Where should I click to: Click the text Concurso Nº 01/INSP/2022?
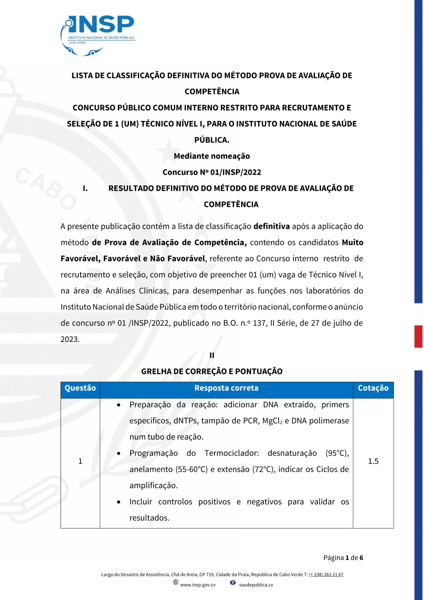coord(212,172)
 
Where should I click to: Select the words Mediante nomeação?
coord(212,156)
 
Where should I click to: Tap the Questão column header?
coord(80,388)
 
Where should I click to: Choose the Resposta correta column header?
coord(226,388)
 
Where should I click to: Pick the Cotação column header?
coord(373,388)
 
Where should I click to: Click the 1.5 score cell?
coord(373,461)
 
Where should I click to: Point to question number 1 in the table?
coord(80,461)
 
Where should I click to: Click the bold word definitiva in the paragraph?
coord(271,227)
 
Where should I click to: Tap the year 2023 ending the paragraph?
coord(70,339)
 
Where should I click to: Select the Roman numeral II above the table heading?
coord(212,356)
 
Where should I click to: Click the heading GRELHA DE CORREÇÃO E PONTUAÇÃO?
coord(212,372)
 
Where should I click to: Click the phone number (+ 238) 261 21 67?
coord(326,575)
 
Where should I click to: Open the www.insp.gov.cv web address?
coord(198,585)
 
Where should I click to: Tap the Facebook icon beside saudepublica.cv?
coord(233,583)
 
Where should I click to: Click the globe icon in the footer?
coord(176,583)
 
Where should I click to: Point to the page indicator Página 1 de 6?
coord(343,558)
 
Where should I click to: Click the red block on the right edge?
coord(418,336)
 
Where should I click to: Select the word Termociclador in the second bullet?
coord(232,453)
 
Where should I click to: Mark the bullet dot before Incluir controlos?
coord(119,502)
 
